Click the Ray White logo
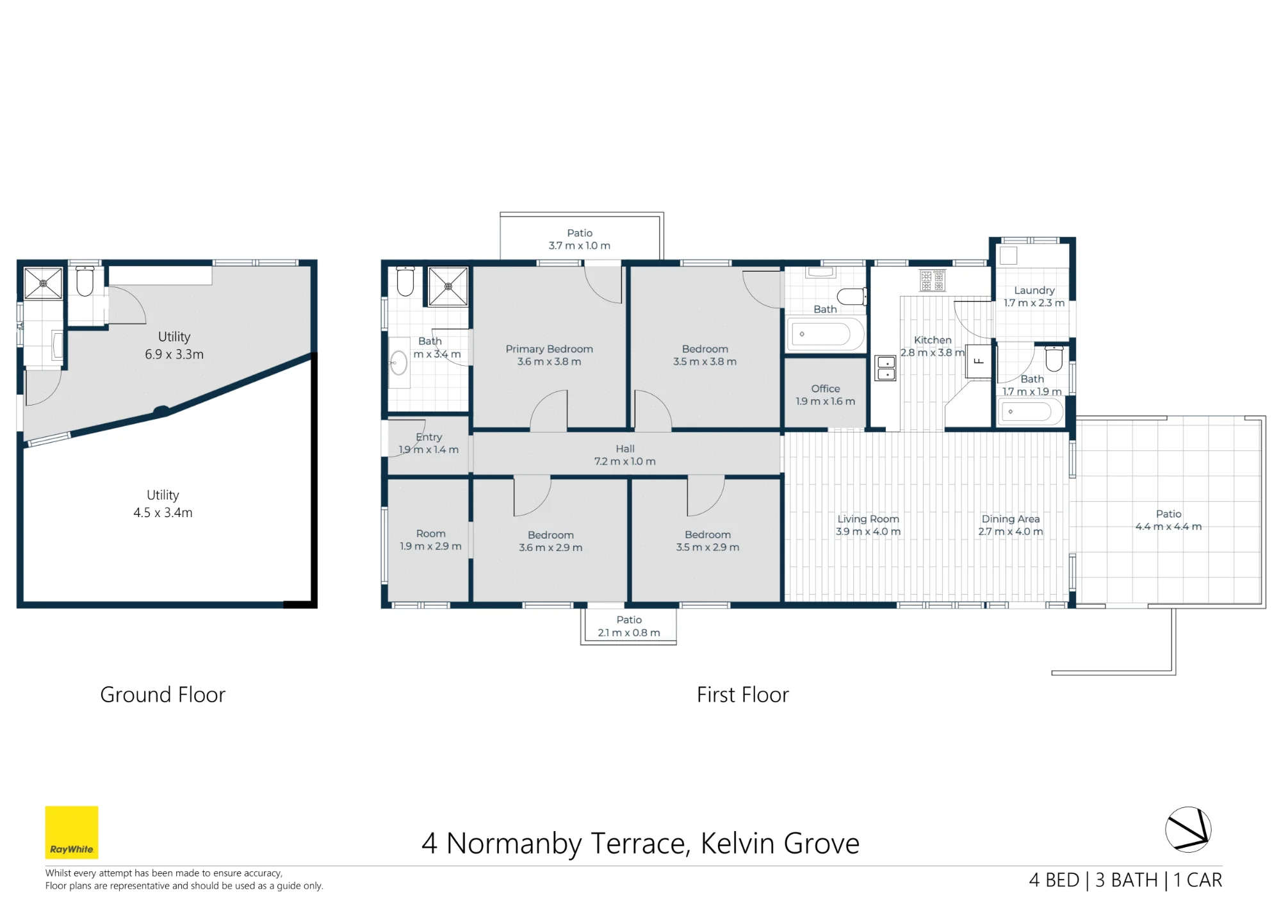[x=72, y=832]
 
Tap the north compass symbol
[x=1188, y=829]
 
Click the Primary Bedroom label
[x=550, y=349]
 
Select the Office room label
[x=826, y=389]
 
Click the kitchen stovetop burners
[x=933, y=280]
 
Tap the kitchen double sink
[x=886, y=368]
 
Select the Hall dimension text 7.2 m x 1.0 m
[x=625, y=461]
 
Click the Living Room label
[x=869, y=519]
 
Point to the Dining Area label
[x=1011, y=519]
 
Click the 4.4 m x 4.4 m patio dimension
[x=1169, y=527]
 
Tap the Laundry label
[x=1034, y=290]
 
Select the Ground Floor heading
[x=163, y=695]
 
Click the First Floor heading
[x=743, y=695]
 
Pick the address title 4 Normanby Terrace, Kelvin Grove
[x=640, y=844]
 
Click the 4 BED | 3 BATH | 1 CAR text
[x=1126, y=880]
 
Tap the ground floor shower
[x=43, y=283]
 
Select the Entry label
[x=429, y=437]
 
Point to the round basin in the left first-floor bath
[x=398, y=363]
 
